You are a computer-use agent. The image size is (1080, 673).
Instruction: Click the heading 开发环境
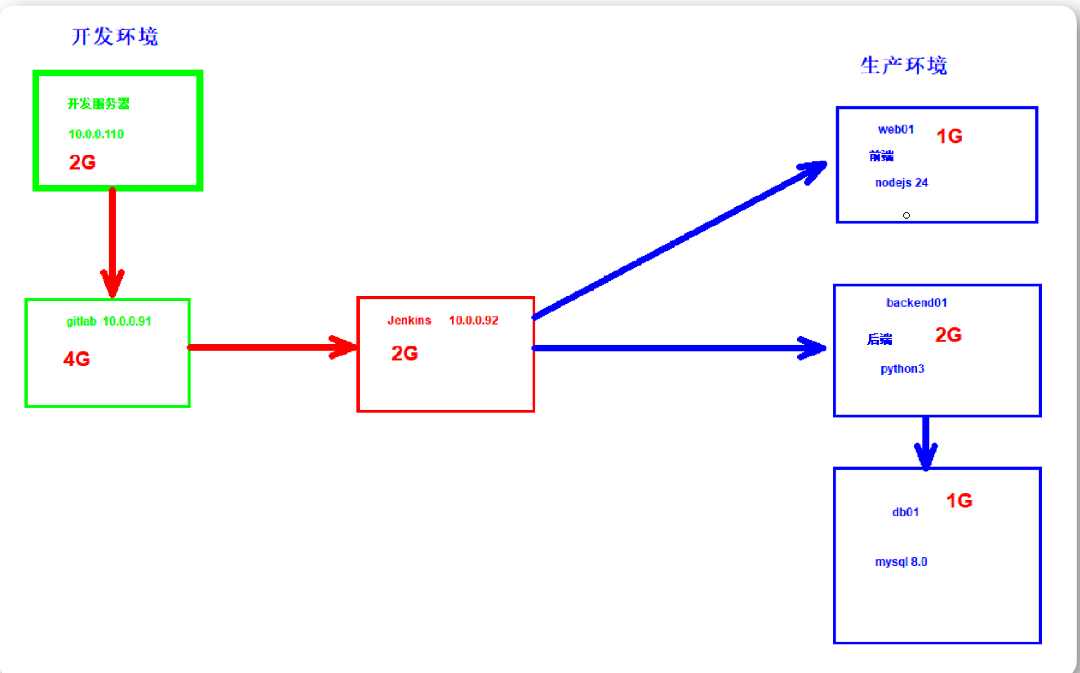115,37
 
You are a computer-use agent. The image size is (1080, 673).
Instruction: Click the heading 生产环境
903,65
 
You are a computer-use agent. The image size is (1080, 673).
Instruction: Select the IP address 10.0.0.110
96,134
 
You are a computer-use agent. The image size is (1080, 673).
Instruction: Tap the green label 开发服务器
98,104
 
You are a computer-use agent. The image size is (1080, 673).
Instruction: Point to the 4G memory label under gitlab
76,358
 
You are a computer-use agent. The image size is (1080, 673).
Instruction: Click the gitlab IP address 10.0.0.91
126,321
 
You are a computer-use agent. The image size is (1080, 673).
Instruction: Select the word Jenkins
409,321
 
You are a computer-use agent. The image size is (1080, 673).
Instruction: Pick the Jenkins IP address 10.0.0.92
473,321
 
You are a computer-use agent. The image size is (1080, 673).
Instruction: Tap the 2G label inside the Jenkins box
404,353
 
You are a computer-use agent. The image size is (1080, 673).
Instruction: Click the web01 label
896,129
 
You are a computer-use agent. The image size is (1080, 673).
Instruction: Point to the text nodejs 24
901,183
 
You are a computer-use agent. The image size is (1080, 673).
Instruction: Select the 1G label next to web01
949,136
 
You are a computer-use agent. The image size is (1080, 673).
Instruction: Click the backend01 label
916,303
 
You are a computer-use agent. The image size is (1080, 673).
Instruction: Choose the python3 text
902,369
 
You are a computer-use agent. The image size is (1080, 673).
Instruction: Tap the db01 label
905,512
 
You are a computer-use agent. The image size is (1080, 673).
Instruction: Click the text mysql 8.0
901,562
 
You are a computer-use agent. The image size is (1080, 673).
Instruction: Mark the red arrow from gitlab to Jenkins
272,347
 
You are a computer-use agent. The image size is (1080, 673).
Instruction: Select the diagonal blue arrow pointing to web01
680,239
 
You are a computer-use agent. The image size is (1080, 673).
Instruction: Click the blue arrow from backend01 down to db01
925,443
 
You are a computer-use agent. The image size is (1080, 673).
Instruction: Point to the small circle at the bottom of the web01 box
907,216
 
